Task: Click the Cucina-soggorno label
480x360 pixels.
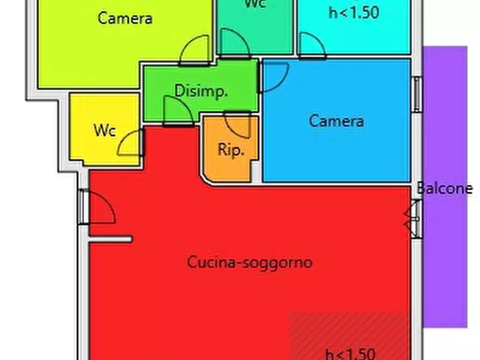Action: (x=250, y=263)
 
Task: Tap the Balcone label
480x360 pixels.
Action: (x=445, y=189)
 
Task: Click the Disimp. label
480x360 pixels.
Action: (x=202, y=91)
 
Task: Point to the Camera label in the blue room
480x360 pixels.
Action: (x=336, y=121)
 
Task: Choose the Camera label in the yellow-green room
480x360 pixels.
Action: (x=125, y=18)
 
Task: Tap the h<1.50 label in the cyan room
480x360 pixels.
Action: (x=354, y=13)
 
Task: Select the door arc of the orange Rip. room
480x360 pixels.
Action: (x=238, y=125)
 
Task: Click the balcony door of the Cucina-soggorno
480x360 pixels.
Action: (x=413, y=218)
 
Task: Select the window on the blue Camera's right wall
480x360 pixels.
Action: (x=417, y=94)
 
